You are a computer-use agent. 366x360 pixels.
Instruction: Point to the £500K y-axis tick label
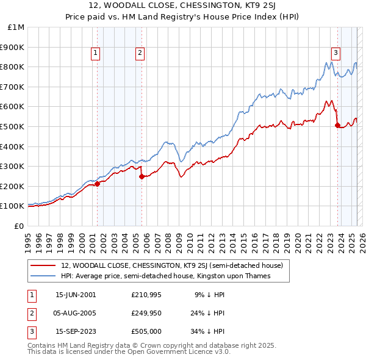[13, 126]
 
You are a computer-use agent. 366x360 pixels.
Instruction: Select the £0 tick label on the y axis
[19, 226]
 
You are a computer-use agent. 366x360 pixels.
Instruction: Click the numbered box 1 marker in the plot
[96, 54]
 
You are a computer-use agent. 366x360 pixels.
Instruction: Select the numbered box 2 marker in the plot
[140, 54]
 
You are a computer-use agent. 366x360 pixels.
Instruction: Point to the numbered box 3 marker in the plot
[335, 53]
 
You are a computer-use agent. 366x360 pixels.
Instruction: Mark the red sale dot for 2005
[142, 176]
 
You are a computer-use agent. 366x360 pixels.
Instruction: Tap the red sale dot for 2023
[337, 126]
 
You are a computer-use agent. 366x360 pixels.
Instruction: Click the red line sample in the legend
[43, 266]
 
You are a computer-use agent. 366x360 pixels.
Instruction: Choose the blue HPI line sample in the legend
[43, 276]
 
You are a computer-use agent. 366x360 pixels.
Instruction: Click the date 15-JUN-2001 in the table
[76, 295]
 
